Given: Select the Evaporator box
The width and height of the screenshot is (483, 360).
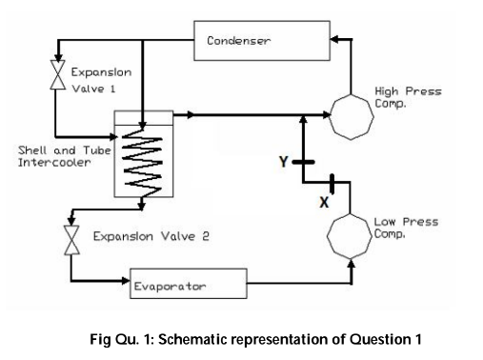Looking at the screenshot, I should (188, 283).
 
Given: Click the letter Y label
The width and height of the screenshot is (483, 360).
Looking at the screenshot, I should (283, 162).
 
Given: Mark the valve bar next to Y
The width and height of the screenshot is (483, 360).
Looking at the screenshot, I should (303, 163).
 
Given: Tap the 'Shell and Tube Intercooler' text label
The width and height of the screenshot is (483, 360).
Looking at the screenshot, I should (58, 155).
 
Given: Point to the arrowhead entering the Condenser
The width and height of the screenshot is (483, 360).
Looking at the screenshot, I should (332, 40).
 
